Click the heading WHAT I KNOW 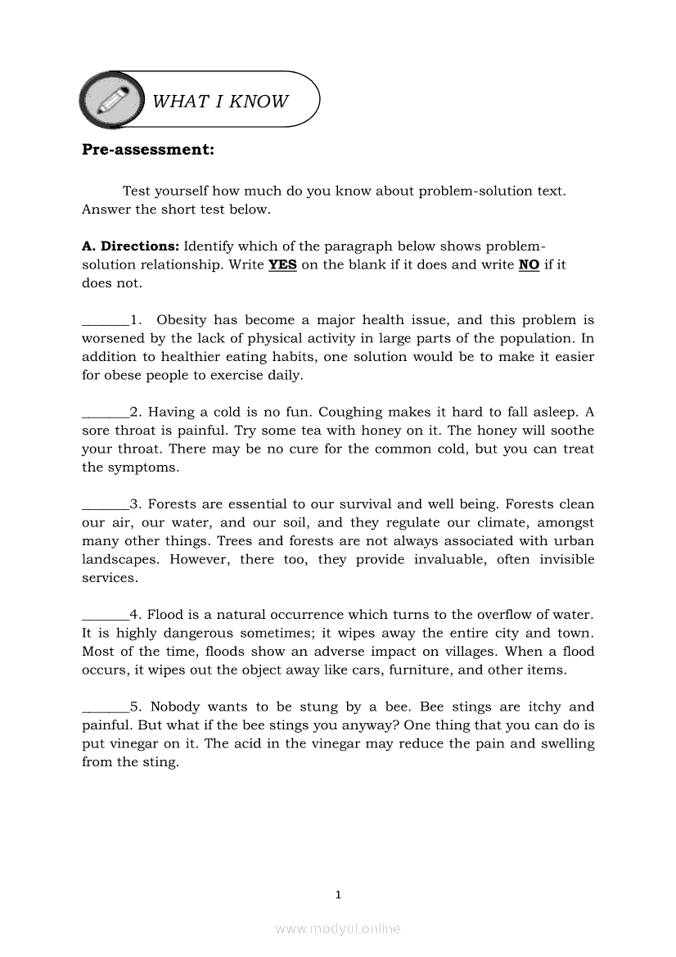[x=220, y=102]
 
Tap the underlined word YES [x=282, y=265]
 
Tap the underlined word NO [x=529, y=265]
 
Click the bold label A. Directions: [x=131, y=246]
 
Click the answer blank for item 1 [x=106, y=321]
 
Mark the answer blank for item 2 [x=106, y=413]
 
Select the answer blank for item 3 [x=106, y=505]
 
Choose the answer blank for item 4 [x=106, y=616]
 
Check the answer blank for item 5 [x=106, y=707]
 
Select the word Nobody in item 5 [x=175, y=707]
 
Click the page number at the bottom [x=338, y=895]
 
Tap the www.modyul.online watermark [x=338, y=929]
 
